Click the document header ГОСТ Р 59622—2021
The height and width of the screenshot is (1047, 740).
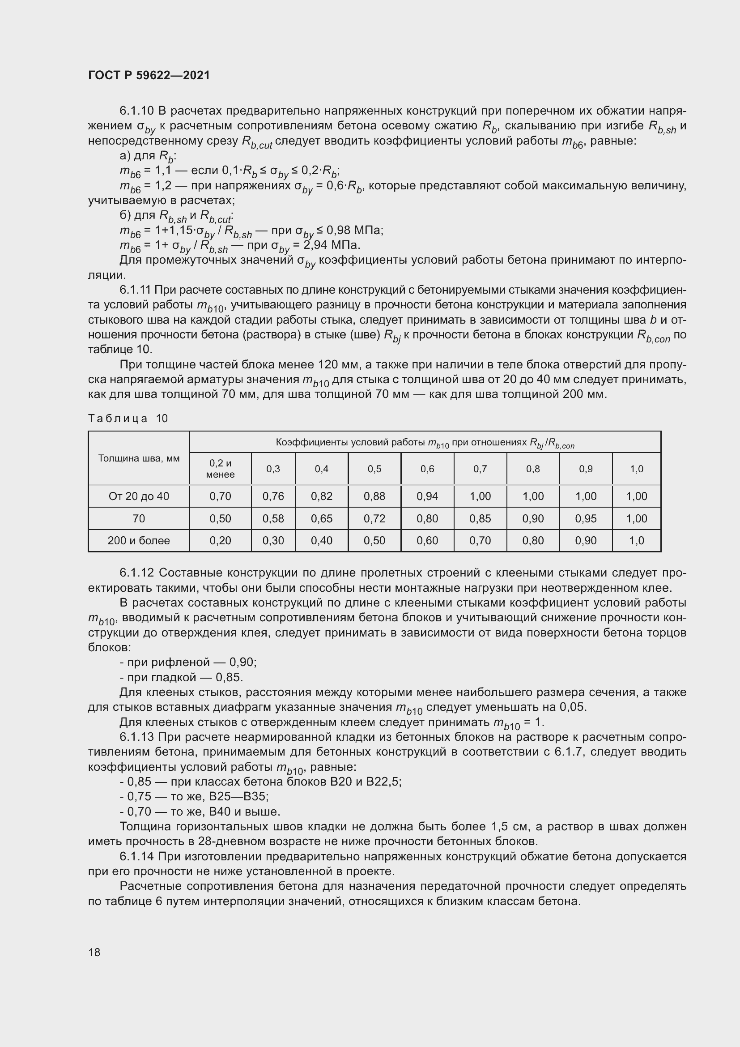click(149, 76)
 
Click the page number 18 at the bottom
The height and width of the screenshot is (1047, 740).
click(94, 952)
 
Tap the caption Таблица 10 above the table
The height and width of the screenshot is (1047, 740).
click(128, 419)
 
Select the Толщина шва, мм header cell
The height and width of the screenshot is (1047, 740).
click(139, 458)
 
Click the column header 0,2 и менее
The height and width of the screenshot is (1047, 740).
click(220, 469)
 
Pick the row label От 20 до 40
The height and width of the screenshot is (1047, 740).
click(139, 496)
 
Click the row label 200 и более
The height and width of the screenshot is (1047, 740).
click(139, 541)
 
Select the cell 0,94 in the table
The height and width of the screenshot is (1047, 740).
click(427, 496)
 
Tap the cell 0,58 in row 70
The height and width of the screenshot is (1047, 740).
click(273, 518)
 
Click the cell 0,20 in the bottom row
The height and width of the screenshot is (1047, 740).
click(220, 541)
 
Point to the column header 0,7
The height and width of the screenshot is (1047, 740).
click(480, 469)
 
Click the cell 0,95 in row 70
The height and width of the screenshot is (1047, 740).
click(586, 518)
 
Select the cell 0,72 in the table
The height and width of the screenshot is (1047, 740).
click(374, 518)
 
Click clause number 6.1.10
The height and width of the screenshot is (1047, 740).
click(136, 111)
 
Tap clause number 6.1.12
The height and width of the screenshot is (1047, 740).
click(136, 573)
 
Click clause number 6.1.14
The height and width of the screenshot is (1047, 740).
click(136, 856)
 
